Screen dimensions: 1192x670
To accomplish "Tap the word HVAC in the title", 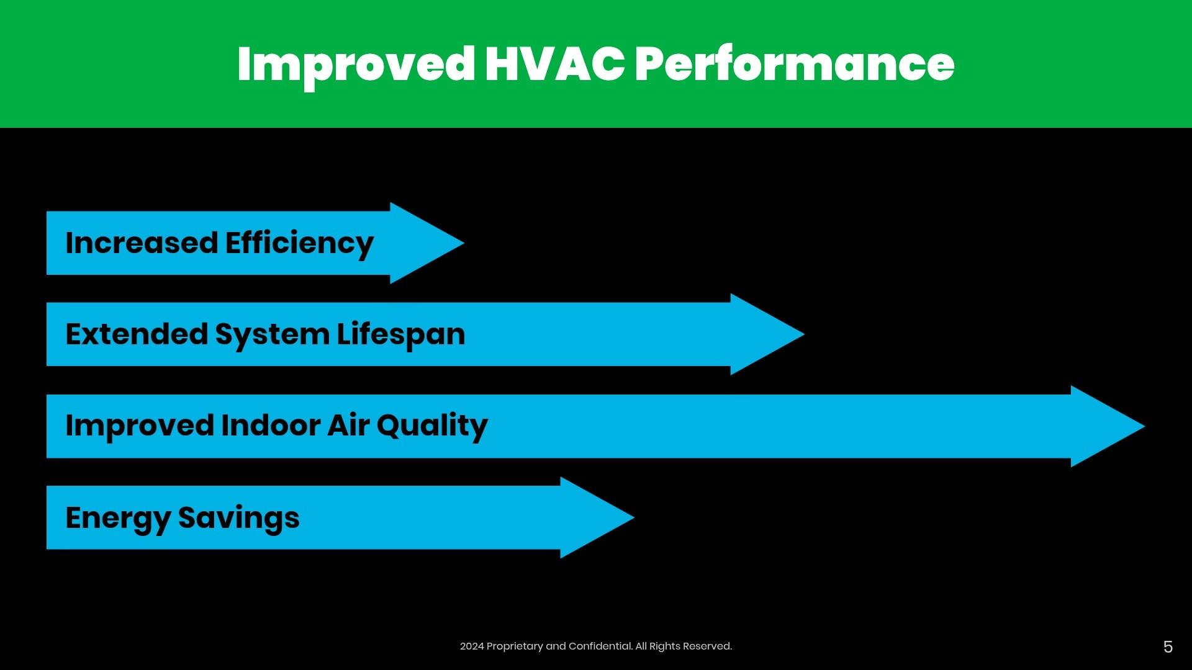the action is (x=554, y=64).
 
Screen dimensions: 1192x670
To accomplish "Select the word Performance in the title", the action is (x=795, y=64).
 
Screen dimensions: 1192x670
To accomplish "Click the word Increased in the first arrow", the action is (x=142, y=243).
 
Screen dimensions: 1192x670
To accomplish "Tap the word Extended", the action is (x=137, y=334).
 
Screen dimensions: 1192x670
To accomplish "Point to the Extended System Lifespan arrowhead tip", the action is (x=804, y=334).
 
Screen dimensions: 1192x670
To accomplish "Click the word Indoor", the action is (x=271, y=426).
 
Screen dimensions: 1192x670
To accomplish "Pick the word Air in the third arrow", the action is (x=348, y=426).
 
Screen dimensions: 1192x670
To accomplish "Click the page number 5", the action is (x=1168, y=647).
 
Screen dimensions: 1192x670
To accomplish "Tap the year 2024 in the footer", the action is (x=472, y=646).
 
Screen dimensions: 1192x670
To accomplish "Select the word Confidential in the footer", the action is (x=600, y=646).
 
